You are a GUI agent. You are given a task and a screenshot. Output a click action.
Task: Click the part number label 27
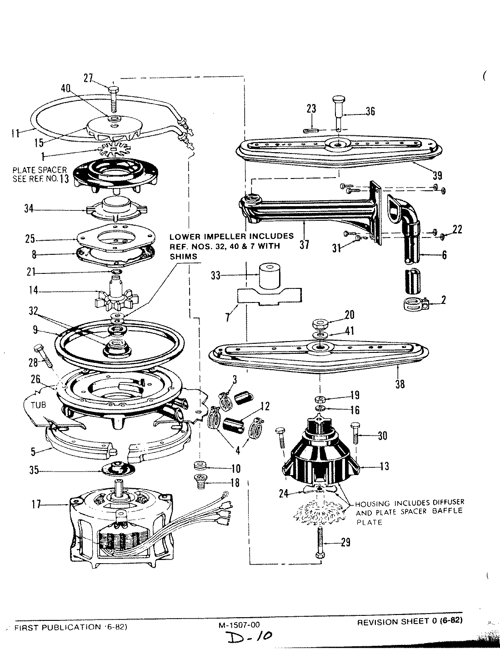(88, 79)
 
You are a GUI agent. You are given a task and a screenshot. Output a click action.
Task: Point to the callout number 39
(437, 175)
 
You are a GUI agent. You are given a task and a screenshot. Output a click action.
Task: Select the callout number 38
(400, 384)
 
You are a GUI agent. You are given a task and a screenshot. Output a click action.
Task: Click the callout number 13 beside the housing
(384, 466)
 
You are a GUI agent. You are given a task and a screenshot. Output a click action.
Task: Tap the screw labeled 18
(200, 482)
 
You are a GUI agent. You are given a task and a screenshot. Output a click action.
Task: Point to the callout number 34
(30, 209)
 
